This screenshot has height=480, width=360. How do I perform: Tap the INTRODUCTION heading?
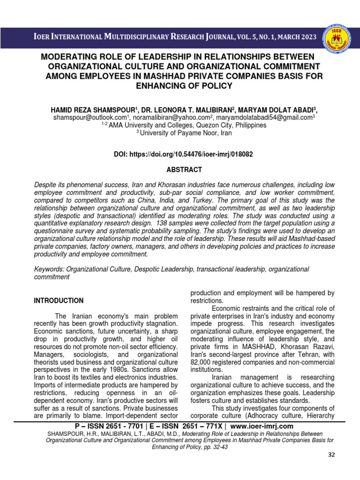point(59,300)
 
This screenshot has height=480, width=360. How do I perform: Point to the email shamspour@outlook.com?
point(90,118)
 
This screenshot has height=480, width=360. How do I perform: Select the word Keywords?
point(49,269)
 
